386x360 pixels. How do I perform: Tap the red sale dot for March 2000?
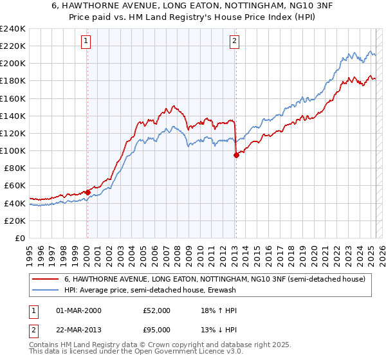(87, 192)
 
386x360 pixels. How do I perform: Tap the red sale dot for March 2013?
(235, 155)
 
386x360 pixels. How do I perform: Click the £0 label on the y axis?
(19, 238)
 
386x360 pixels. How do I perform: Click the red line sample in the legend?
(46, 279)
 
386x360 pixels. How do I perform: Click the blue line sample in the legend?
(46, 290)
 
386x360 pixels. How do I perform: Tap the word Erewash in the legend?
(222, 290)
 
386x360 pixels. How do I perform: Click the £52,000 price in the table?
(156, 310)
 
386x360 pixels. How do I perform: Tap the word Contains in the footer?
(46, 345)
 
